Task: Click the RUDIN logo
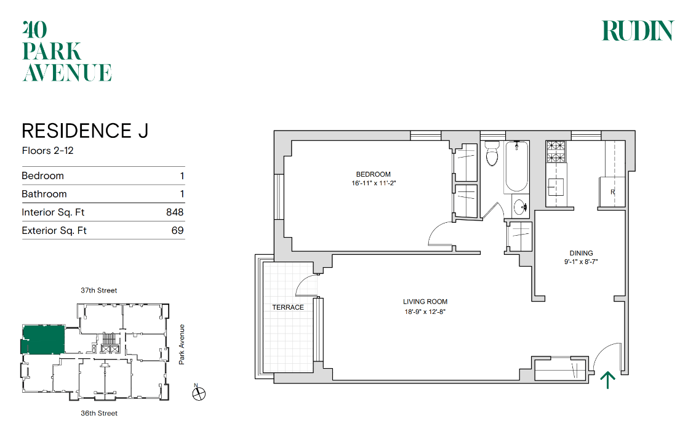pos(638,31)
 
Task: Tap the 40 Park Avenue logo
pos(66,51)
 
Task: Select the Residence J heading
pos(85,131)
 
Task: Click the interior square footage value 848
pos(175,212)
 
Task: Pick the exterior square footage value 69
pos(178,231)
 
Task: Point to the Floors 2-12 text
pos(47,151)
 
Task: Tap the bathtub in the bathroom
pos(516,166)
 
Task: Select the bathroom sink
pos(520,207)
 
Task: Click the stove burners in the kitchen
pos(556,151)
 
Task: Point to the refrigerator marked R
pos(612,192)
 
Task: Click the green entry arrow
pos(607,380)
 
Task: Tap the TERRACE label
pos(288,307)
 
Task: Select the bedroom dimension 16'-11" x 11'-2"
pos(374,183)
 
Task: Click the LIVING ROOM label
pos(425,302)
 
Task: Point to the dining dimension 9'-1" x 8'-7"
pos(581,262)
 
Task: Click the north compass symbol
pos(198,393)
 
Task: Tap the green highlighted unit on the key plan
pos(43,339)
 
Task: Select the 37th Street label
pos(99,291)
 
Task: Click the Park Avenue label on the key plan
pos(182,345)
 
